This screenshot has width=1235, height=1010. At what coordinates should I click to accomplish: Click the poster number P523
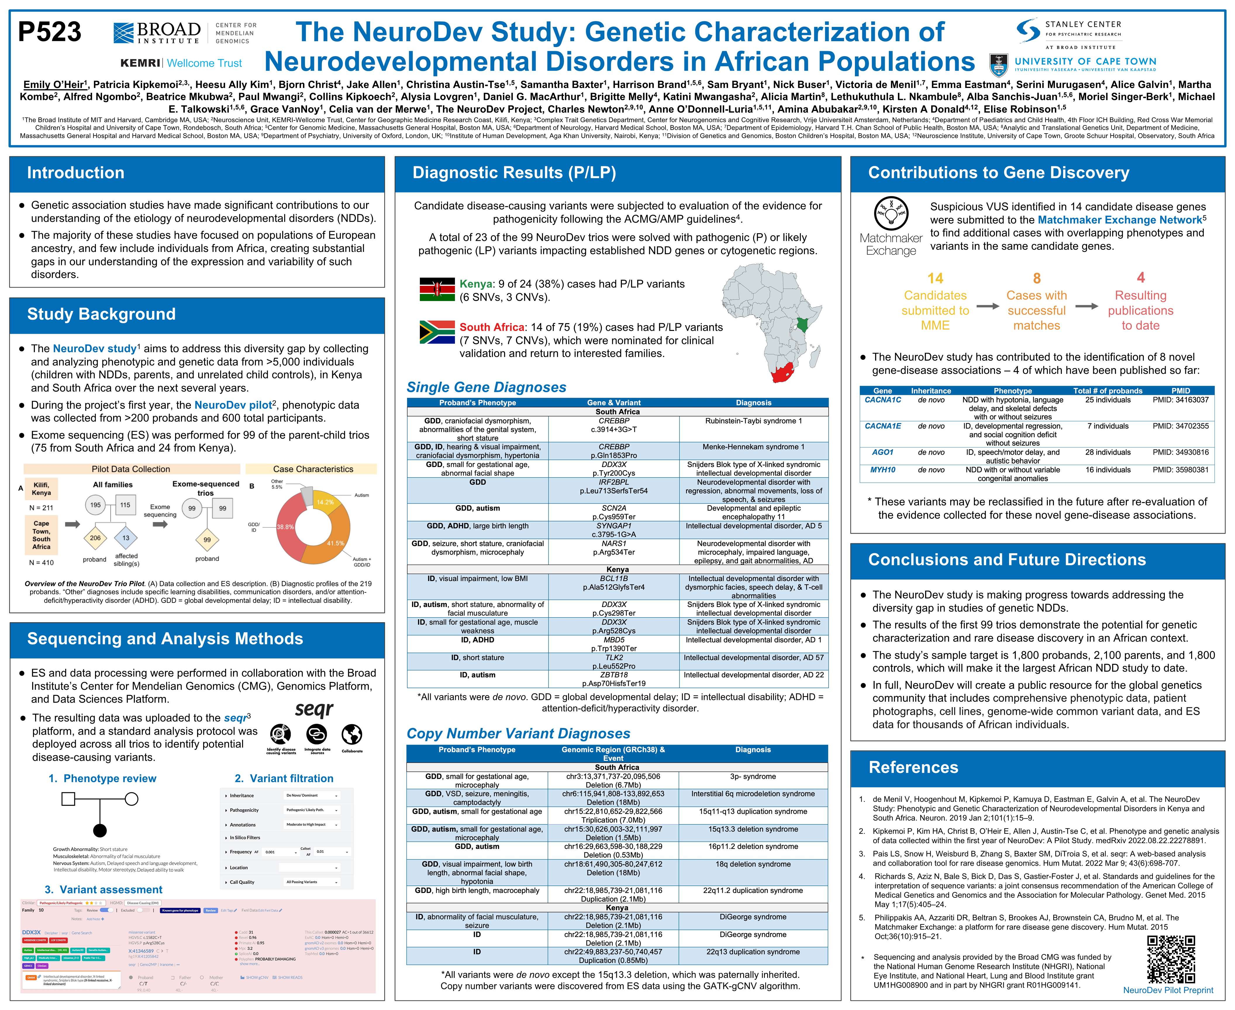pyautogui.click(x=49, y=32)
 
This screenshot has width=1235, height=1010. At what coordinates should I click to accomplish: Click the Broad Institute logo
pyautogui.click(x=157, y=33)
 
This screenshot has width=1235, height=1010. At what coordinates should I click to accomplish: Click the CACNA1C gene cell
pyautogui.click(x=882, y=400)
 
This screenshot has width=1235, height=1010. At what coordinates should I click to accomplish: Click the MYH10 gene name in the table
pyautogui.click(x=882, y=470)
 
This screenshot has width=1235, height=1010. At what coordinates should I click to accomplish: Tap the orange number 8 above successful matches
pyautogui.click(x=1036, y=279)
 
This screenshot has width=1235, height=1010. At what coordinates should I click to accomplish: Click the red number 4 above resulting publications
pyautogui.click(x=1140, y=278)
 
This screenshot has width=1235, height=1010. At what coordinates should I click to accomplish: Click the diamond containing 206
pyautogui.click(x=95, y=538)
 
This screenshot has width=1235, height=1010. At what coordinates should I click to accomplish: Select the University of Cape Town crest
pyautogui.click(x=999, y=65)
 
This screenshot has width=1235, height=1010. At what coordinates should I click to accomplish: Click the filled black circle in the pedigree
pyautogui.click(x=100, y=830)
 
